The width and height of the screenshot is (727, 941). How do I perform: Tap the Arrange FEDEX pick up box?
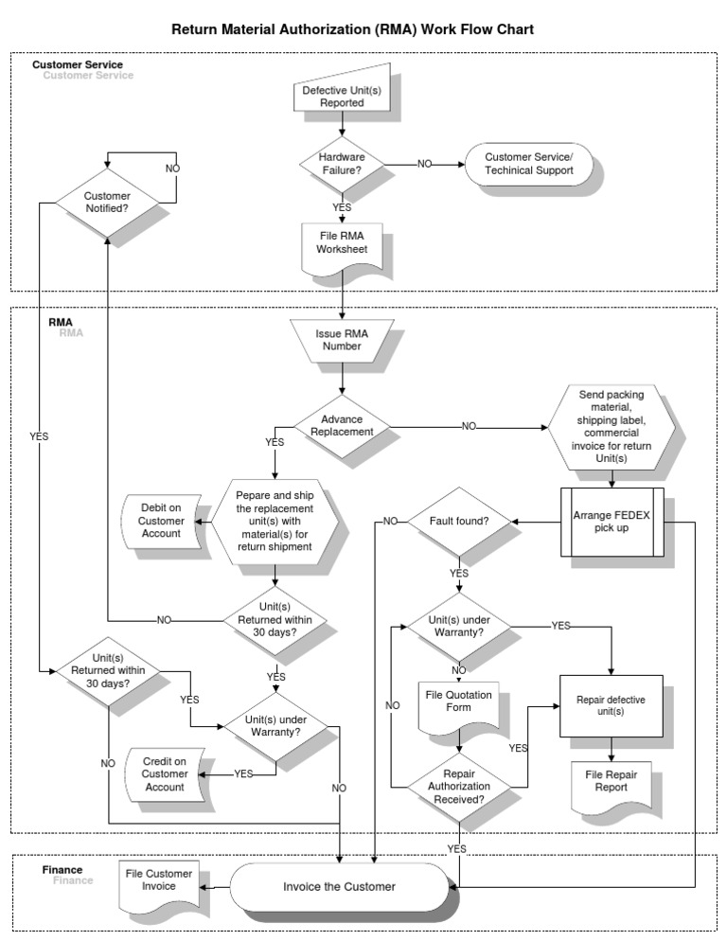613,522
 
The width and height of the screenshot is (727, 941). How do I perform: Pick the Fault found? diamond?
458,522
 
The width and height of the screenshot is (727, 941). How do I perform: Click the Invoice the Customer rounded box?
339,887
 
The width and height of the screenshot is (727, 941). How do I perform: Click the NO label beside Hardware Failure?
424,164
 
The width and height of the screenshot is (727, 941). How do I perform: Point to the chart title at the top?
352,29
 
